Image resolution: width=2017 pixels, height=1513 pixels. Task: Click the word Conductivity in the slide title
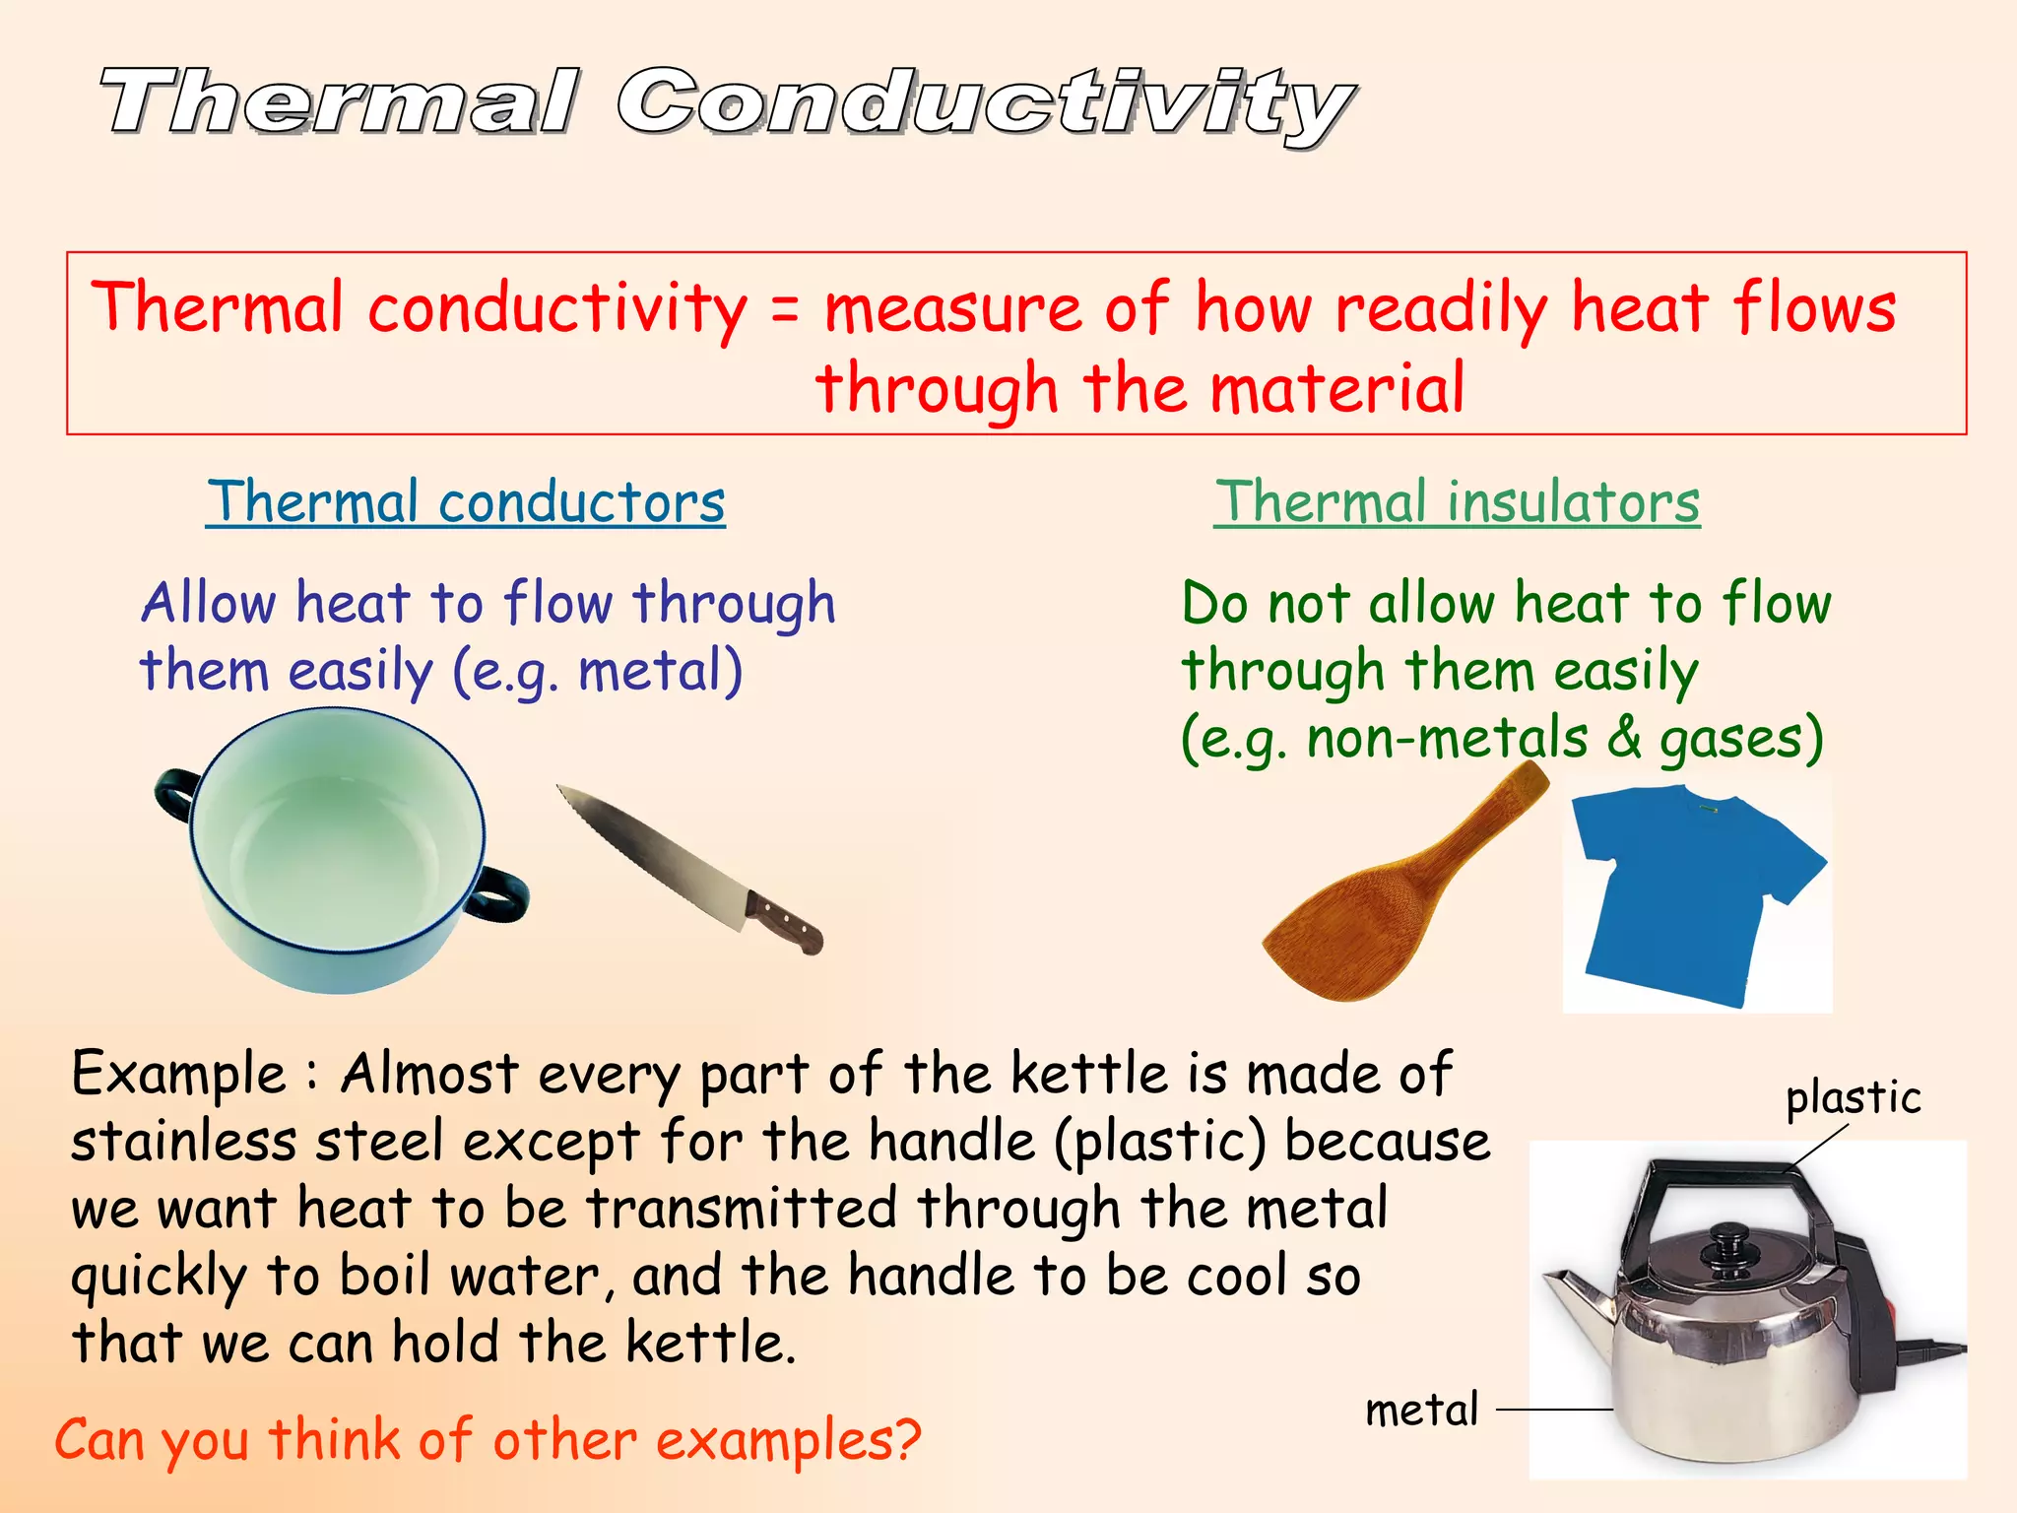pyautogui.click(x=985, y=103)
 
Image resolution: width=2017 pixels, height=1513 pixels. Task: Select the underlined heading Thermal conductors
pyautogui.click(x=466, y=502)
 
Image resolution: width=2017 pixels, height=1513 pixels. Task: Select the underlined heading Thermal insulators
pyautogui.click(x=1457, y=502)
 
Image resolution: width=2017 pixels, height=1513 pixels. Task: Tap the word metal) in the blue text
pyautogui.click(x=660, y=672)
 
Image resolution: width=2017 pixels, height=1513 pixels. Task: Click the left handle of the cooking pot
pyautogui.click(x=174, y=793)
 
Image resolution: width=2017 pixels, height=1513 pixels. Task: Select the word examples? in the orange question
pyautogui.click(x=788, y=1441)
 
